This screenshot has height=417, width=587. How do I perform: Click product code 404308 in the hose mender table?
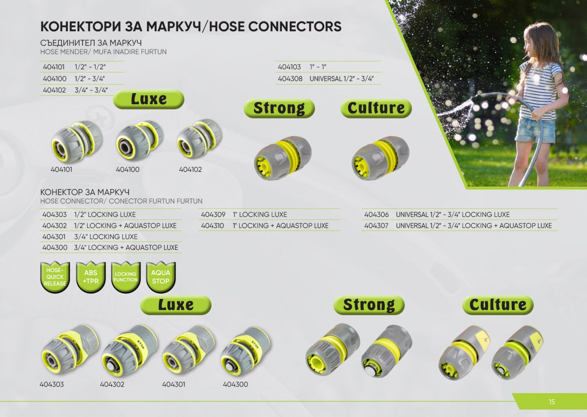click(290, 79)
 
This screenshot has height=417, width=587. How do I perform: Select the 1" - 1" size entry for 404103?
click(318, 67)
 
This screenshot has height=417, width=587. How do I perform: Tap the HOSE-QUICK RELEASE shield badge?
click(55, 277)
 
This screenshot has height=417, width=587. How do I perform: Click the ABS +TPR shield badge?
click(91, 277)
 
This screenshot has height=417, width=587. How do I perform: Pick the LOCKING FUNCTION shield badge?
click(126, 277)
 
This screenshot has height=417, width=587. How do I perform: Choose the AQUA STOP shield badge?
click(161, 277)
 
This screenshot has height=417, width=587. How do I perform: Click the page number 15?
click(552, 402)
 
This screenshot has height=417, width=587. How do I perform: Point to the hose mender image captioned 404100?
click(139, 140)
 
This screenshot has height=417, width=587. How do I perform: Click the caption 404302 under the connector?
click(112, 384)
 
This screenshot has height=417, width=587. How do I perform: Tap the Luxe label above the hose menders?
click(149, 99)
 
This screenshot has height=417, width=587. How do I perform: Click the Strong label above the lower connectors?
click(369, 305)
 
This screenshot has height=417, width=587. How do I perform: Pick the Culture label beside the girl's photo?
click(376, 108)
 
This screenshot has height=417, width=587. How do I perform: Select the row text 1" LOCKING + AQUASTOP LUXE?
click(280, 226)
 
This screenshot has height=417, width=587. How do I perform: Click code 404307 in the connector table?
click(376, 226)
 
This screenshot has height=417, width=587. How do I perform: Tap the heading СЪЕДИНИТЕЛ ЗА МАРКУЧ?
click(91, 43)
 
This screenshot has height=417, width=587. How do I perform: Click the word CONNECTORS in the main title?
click(295, 26)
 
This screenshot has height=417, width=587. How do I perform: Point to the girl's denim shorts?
click(535, 130)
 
